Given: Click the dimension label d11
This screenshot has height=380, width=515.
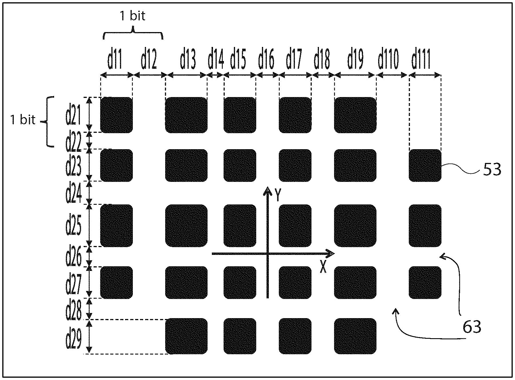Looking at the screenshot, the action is coord(115,61).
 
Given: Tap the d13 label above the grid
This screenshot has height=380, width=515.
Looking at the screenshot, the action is coord(188,61).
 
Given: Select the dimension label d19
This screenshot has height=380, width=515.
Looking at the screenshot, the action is coord(355,61).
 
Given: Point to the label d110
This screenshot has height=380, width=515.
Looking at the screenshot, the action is coord(388,61).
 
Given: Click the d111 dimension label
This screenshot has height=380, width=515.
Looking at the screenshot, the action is coord(421,61).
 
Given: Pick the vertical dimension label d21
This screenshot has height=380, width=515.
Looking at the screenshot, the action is coord(73,115).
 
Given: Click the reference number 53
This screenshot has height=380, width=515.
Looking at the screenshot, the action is coord(492,170).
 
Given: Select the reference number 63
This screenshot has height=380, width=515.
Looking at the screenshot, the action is coord(472,327).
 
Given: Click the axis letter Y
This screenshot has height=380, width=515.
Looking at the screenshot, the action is coord(277,195).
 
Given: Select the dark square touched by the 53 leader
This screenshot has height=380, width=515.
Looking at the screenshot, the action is coord(425,166).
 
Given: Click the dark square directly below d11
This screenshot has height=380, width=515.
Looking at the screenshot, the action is coord(117,115).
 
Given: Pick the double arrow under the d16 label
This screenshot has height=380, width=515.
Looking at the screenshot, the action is coord(268,75).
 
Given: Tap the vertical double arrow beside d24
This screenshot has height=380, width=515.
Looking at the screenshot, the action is coord(90,192).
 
